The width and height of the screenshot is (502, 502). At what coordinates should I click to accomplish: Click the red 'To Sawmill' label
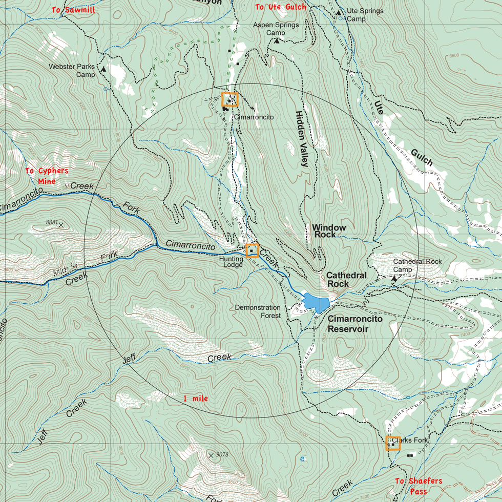(73, 10)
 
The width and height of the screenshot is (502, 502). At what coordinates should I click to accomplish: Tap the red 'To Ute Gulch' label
(281, 7)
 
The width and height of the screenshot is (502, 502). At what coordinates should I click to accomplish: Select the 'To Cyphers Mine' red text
(47, 176)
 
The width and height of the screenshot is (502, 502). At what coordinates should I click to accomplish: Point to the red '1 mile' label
(195, 398)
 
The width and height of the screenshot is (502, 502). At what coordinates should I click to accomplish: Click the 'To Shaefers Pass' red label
(419, 486)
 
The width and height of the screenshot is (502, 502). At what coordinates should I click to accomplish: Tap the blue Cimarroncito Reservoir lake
(315, 302)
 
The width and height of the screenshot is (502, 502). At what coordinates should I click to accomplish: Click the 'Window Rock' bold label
(329, 231)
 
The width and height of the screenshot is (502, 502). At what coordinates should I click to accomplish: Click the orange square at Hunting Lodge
(252, 250)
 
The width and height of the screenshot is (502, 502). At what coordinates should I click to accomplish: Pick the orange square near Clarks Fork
(393, 443)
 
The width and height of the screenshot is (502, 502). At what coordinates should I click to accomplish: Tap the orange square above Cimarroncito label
(230, 99)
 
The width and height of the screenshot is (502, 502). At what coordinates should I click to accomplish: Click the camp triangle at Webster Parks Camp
(103, 69)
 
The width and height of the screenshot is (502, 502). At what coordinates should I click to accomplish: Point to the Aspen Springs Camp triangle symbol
(277, 40)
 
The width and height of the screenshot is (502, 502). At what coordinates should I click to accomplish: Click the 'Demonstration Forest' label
(258, 311)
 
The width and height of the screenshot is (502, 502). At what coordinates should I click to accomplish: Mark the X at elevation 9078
(211, 455)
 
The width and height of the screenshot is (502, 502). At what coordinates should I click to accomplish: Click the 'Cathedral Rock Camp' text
(417, 265)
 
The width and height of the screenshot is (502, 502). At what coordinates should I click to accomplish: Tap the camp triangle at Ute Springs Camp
(339, 12)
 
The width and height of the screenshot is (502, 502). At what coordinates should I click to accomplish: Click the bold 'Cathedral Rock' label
(346, 279)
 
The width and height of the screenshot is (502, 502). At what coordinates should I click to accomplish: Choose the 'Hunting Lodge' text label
(231, 262)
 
